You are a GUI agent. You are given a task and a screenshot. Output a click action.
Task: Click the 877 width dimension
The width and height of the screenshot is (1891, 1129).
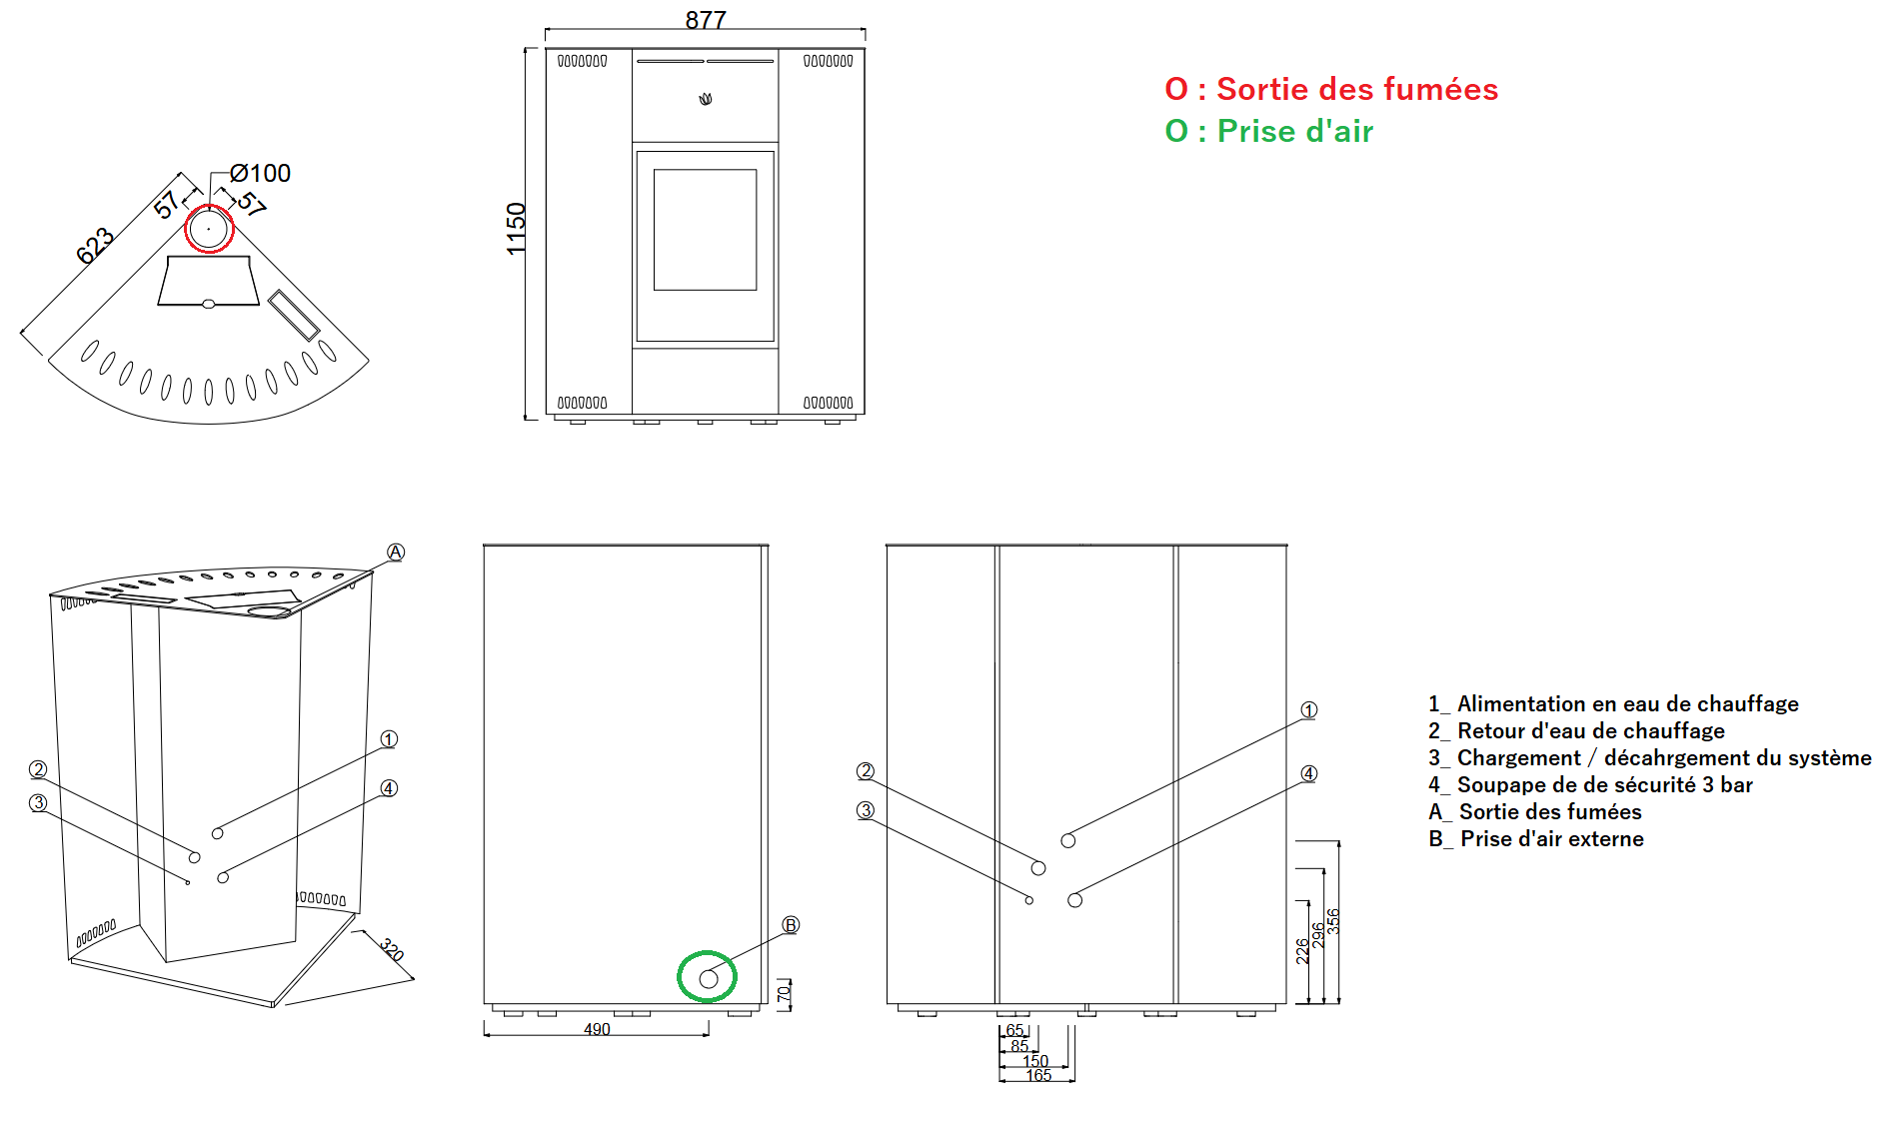(706, 20)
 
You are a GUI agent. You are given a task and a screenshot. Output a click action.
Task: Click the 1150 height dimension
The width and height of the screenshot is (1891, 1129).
(516, 228)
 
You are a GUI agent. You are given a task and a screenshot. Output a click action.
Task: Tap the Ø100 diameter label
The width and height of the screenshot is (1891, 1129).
(260, 173)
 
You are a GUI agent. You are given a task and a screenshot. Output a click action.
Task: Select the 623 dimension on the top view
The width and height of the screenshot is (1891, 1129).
(95, 246)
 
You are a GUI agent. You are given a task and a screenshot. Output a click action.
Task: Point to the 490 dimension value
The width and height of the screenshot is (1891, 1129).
(597, 1029)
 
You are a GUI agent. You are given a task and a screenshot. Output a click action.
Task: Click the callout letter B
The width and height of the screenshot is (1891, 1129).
(791, 925)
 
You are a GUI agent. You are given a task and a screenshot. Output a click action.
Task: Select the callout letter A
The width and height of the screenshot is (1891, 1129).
(396, 552)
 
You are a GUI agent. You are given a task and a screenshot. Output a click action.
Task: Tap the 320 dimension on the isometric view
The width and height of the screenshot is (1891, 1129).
(392, 950)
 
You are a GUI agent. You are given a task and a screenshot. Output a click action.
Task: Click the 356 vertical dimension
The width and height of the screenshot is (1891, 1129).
(1332, 921)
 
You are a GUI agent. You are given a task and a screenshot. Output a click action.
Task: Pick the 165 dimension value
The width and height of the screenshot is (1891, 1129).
(1038, 1075)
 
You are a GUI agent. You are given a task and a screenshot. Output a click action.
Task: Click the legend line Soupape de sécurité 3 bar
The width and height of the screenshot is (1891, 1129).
(1590, 784)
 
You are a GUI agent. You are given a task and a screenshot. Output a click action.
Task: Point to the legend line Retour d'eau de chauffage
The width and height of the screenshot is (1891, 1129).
(1576, 730)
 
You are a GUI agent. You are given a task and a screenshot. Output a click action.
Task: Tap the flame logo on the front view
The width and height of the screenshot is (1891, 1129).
(706, 99)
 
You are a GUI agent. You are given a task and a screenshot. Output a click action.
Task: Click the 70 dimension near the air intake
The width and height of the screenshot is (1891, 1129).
(784, 993)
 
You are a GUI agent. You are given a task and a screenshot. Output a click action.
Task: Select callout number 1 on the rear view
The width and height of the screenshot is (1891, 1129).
(1309, 709)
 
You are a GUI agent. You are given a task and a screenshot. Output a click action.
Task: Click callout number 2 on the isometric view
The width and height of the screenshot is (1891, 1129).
(38, 769)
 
